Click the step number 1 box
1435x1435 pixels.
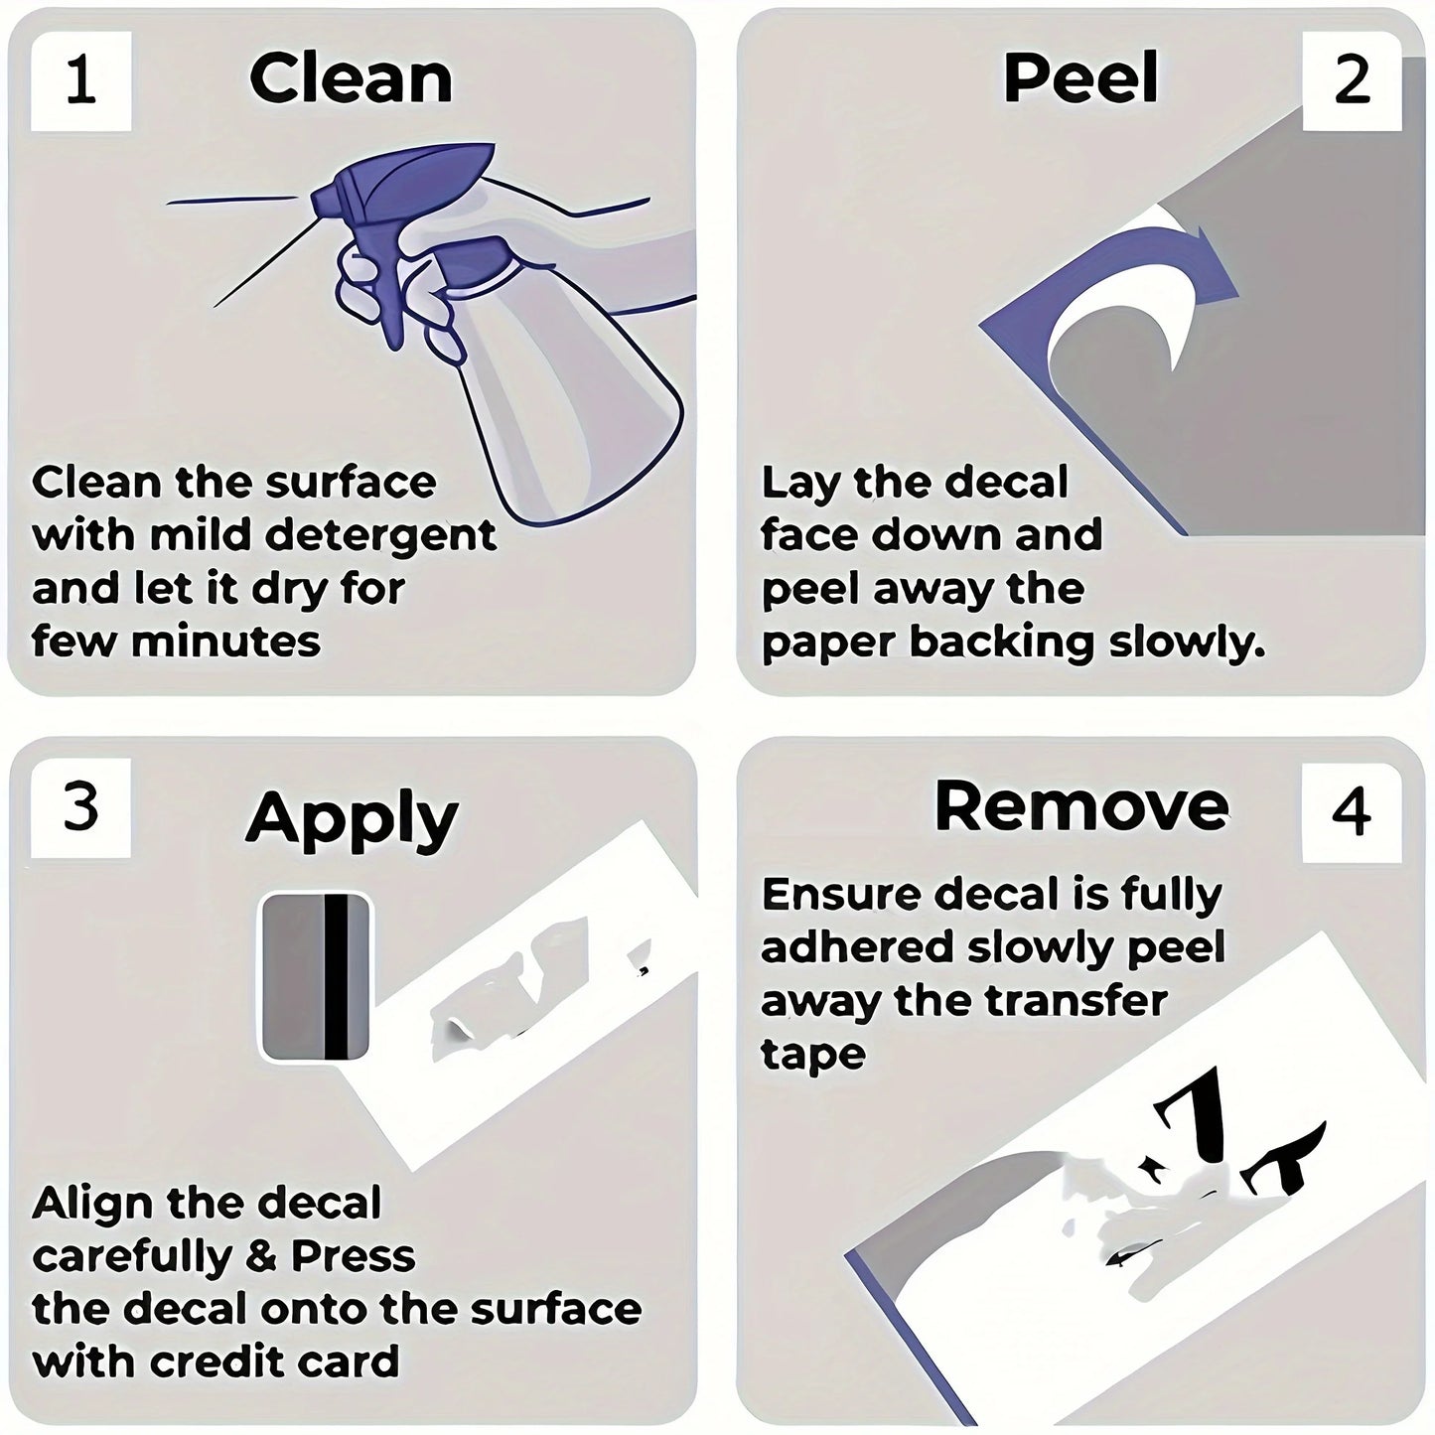pos(81,81)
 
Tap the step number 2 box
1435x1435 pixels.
pos(1352,81)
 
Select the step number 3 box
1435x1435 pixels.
pos(81,808)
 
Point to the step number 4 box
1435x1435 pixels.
pos(1352,812)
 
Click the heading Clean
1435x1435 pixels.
pos(351,78)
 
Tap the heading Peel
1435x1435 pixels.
pos(1081,77)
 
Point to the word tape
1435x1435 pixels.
pos(813,1056)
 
